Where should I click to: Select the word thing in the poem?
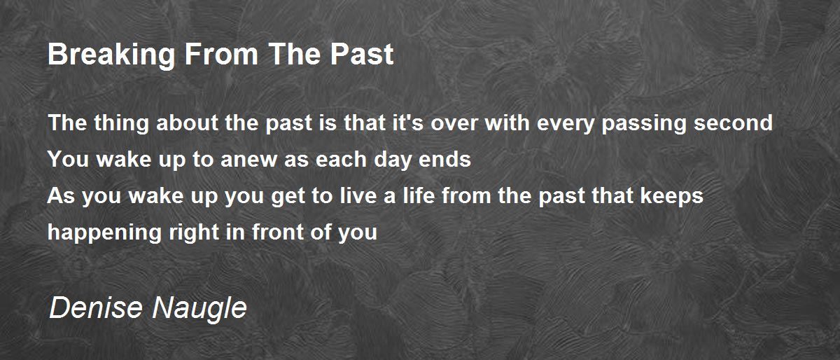(122, 124)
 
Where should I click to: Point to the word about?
(187, 123)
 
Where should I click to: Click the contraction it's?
(408, 123)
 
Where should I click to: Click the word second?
(733, 123)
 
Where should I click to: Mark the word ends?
(444, 159)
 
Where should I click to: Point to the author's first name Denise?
(96, 307)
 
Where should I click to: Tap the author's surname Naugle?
(199, 310)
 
